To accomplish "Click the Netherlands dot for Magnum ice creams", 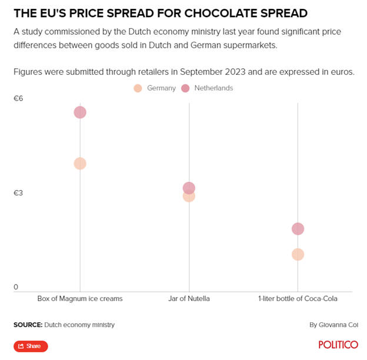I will (x=80, y=112).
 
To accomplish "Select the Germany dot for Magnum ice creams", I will (x=80, y=164).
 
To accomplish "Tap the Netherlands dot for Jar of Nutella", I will (x=189, y=188).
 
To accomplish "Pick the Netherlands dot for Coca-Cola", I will (x=298, y=229).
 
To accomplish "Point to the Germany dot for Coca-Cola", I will (x=298, y=254).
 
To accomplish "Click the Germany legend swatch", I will (x=138, y=88).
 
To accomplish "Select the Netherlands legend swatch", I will (x=185, y=88).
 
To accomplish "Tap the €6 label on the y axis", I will (x=18, y=98).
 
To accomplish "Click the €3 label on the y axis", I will (x=18, y=193).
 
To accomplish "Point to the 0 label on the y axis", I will (x=16, y=287).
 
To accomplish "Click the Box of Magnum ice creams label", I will (x=80, y=299).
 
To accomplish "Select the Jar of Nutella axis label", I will (x=189, y=299).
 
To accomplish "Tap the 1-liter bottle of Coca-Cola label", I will (x=298, y=299).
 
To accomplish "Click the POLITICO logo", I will (x=338, y=345).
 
